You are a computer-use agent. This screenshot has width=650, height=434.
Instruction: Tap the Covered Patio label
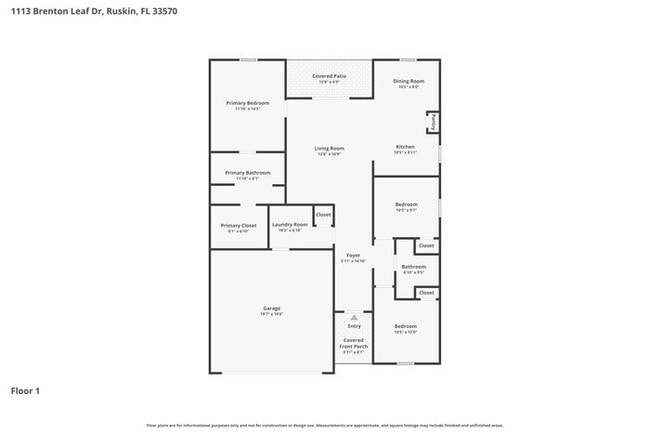click(x=329, y=76)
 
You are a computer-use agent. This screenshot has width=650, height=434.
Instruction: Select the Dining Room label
click(x=408, y=81)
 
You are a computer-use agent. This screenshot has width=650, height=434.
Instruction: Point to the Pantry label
click(x=433, y=122)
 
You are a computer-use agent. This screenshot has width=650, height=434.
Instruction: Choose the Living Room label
click(x=329, y=149)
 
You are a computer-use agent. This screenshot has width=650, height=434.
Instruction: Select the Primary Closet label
click(x=238, y=225)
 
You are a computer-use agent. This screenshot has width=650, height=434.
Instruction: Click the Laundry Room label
click(x=289, y=225)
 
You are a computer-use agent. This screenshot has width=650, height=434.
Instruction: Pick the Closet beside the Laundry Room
click(x=323, y=215)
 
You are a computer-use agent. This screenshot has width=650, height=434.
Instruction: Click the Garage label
click(x=272, y=308)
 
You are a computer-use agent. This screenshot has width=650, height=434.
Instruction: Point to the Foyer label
click(x=353, y=256)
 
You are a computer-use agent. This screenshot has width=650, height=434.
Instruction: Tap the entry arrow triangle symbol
click(x=354, y=317)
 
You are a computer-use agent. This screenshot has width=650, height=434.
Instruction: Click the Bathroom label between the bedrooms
click(x=414, y=267)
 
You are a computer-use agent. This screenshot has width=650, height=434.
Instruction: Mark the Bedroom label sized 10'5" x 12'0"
click(x=405, y=327)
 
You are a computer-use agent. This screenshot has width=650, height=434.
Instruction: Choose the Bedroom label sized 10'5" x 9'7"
click(x=406, y=204)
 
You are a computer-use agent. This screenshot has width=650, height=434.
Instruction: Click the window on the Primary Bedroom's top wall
click(x=247, y=60)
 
